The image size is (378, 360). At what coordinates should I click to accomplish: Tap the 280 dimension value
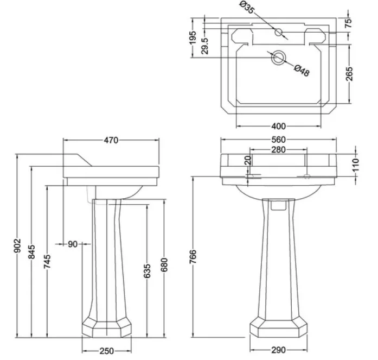[278, 149]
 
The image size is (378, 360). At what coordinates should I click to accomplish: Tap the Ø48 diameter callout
[301, 71]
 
